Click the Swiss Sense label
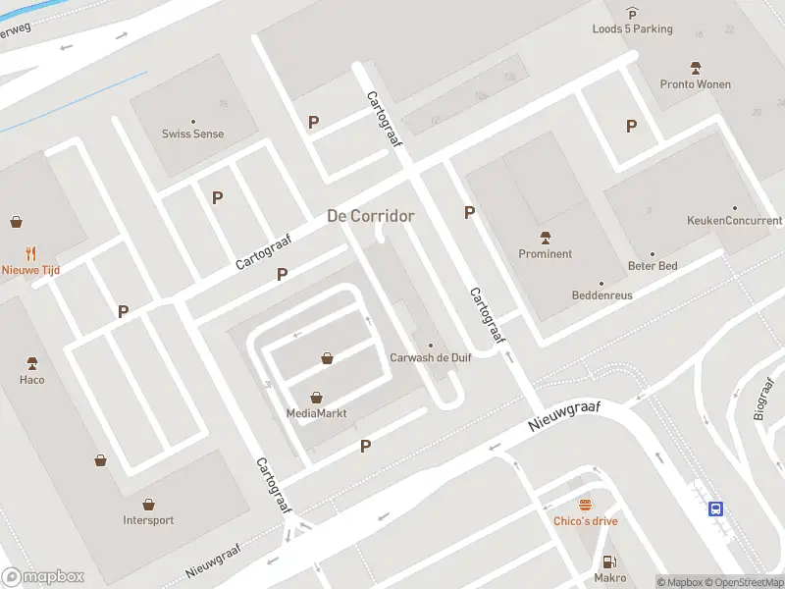click(x=193, y=134)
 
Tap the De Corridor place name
click(x=370, y=216)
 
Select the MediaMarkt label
click(x=316, y=413)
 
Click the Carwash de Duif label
click(x=431, y=357)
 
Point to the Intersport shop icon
click(x=148, y=505)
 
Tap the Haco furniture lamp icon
click(x=31, y=363)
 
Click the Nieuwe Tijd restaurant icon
click(x=31, y=252)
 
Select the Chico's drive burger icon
click(x=586, y=505)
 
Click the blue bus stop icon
click(x=717, y=509)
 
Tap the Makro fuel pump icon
click(x=609, y=562)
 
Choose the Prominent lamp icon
click(x=546, y=238)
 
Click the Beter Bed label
click(x=653, y=265)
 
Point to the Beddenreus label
click(x=602, y=295)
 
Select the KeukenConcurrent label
click(x=734, y=221)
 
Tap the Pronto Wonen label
click(x=695, y=84)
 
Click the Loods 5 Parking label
click(x=632, y=28)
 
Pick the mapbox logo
click(x=43, y=577)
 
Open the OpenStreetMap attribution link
click(x=744, y=582)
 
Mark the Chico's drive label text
click(x=586, y=521)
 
